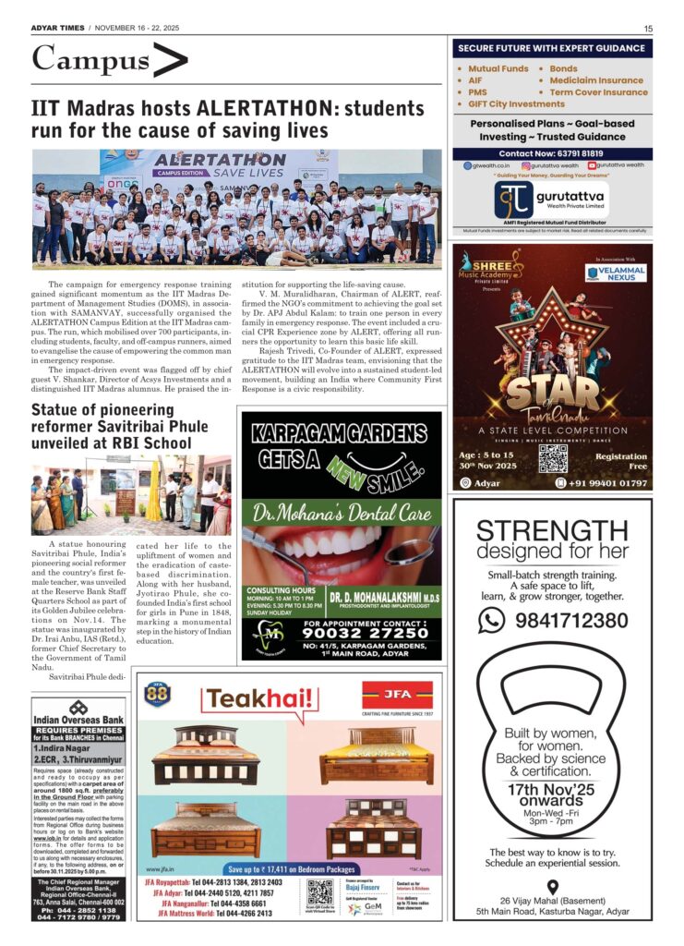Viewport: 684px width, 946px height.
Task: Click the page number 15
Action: coord(648,29)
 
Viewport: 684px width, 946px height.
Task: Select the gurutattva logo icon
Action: coord(514,200)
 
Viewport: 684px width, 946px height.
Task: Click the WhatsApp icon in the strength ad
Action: coord(491,621)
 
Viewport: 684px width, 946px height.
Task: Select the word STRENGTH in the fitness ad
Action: coord(552,531)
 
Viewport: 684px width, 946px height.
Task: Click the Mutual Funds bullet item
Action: coord(498,69)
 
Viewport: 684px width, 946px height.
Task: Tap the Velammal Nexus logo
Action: coord(615,273)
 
